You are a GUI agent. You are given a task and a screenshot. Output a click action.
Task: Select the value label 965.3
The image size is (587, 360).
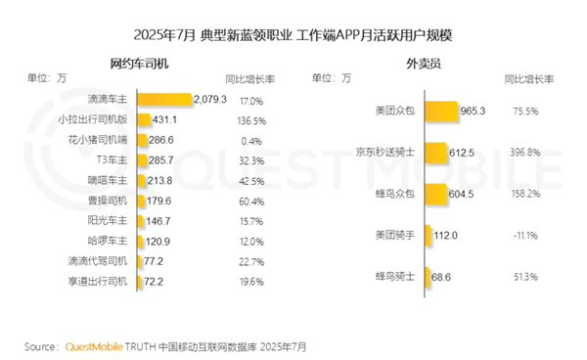(474, 112)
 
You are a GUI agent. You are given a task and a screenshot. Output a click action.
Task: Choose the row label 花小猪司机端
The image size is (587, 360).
(103, 141)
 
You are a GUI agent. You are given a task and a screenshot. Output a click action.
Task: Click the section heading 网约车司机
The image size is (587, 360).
(138, 64)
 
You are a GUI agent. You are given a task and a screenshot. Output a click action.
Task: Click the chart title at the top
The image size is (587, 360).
(293, 35)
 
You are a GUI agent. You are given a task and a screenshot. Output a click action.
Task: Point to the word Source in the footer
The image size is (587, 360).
(41, 346)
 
